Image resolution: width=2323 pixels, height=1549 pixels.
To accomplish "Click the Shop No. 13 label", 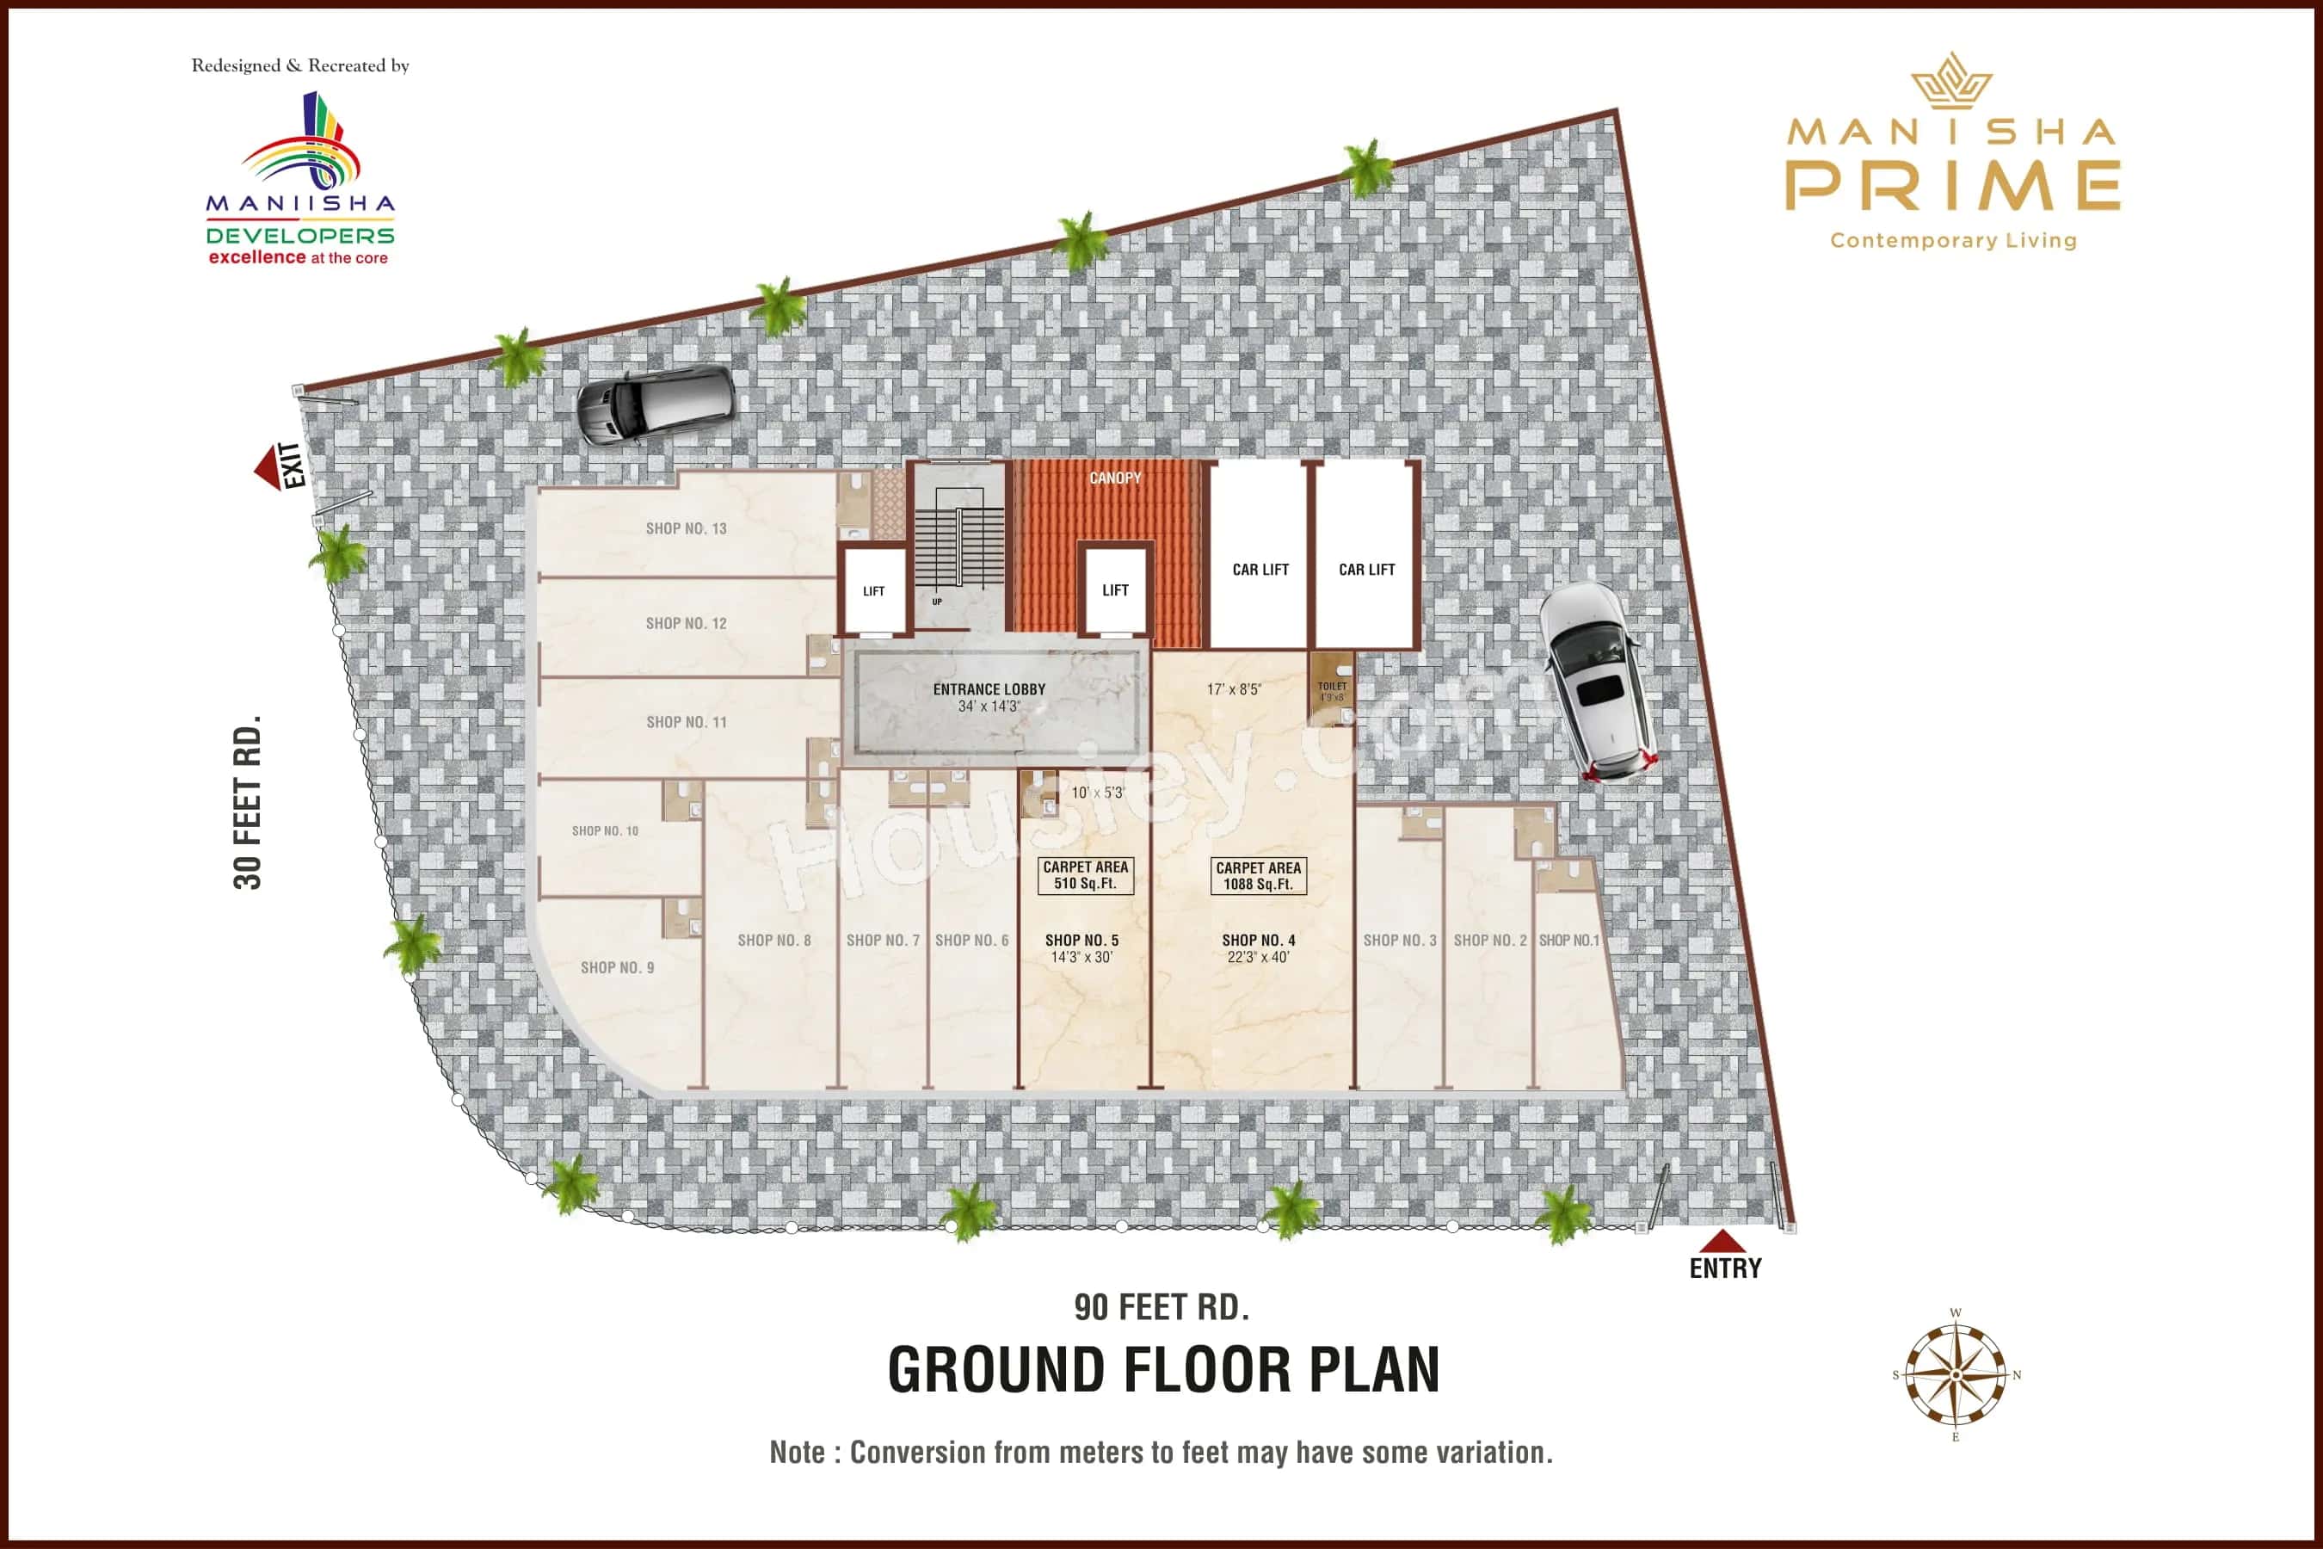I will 686,528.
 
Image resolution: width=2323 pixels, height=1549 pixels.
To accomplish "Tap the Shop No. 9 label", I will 616,967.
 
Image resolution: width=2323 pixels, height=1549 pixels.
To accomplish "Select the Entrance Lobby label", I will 989,689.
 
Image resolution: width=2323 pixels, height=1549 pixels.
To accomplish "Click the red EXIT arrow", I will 268,467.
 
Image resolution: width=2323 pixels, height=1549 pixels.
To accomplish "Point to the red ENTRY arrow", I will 1723,1242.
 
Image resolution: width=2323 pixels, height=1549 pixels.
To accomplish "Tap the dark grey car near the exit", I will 655,404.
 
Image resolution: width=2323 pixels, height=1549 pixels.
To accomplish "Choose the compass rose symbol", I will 1956,1374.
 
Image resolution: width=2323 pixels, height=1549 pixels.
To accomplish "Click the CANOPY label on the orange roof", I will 1115,478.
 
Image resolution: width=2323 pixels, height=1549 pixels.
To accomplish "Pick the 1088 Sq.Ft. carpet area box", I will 1258,876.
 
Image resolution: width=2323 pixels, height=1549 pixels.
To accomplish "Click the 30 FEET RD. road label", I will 248,802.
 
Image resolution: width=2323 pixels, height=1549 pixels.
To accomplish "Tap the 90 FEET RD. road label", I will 1161,1307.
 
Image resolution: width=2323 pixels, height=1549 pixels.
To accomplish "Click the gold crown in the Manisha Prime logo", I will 1950,81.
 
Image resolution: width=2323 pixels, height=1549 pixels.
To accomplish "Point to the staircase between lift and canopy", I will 957,548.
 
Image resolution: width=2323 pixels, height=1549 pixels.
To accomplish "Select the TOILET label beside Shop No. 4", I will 1331,687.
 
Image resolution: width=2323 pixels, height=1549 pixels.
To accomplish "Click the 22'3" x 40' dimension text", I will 1258,957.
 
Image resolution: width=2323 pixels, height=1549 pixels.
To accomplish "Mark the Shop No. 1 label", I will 1568,941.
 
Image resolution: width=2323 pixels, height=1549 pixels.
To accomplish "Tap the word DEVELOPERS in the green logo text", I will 300,236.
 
